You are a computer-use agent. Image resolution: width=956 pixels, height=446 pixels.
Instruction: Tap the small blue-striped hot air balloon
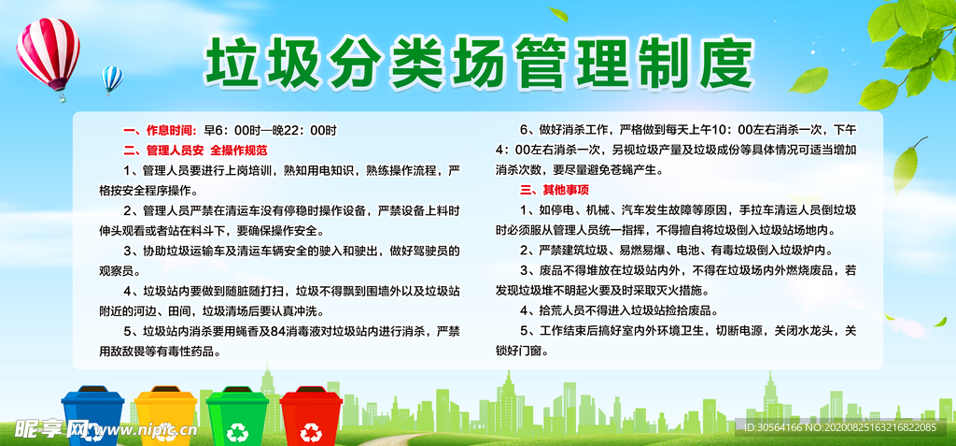[112, 79]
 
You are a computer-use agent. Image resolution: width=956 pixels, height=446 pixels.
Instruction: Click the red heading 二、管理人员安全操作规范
[194, 150]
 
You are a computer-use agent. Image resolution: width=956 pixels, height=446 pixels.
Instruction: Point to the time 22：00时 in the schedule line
[314, 130]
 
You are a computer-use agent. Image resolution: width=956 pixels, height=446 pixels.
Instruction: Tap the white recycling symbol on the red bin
[311, 431]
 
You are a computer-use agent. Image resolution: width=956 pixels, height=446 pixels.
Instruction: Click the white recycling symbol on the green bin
[237, 431]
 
